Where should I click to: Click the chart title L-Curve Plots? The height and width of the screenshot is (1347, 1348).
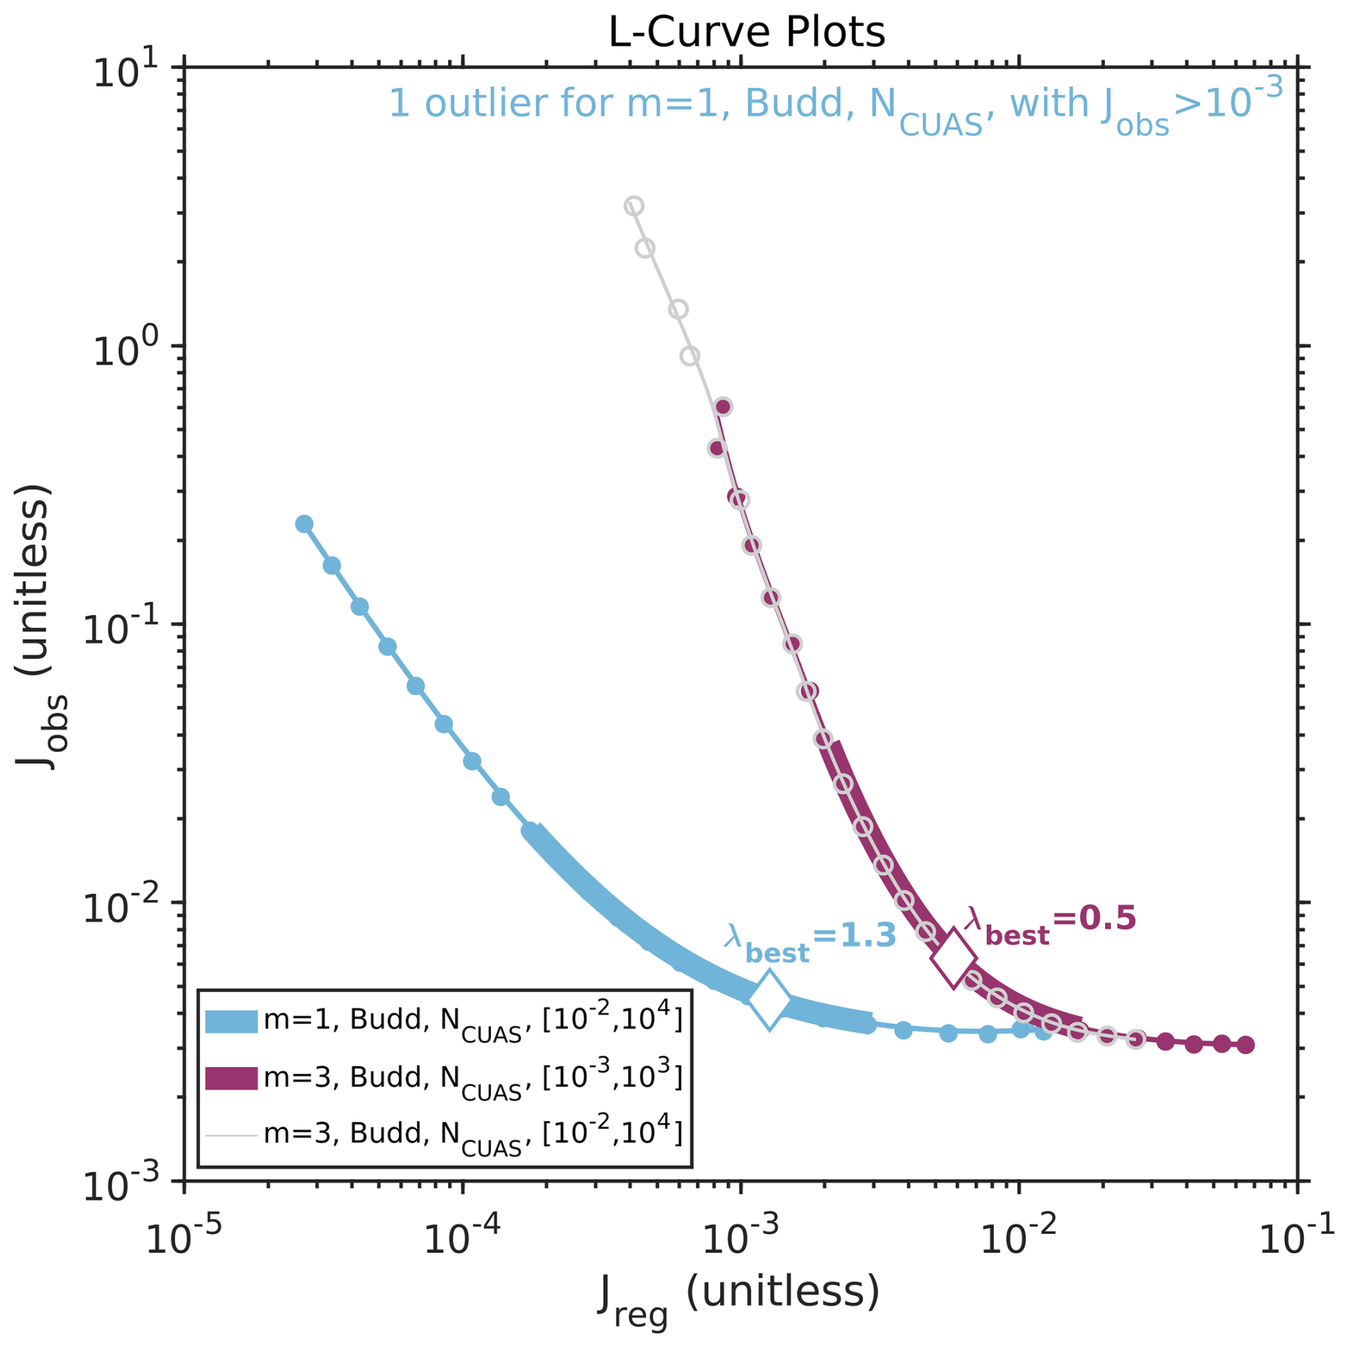(x=746, y=32)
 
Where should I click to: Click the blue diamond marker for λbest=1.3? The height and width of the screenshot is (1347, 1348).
(x=769, y=1000)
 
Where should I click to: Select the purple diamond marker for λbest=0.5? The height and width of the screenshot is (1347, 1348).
(x=953, y=958)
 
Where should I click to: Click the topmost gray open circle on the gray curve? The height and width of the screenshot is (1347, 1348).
(x=633, y=206)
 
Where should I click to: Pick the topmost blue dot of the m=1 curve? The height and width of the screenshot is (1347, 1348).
(x=304, y=524)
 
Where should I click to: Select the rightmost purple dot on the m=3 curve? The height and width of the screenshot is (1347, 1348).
(x=1245, y=1045)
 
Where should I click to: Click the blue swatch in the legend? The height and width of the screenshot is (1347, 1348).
(x=231, y=1021)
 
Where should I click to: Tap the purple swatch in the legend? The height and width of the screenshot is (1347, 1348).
(x=231, y=1078)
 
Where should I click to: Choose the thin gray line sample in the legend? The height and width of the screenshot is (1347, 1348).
(x=231, y=1135)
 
